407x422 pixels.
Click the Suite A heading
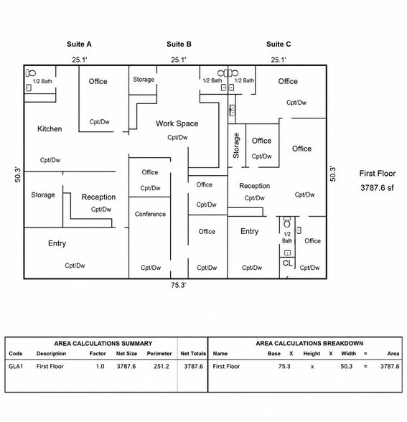point(79,44)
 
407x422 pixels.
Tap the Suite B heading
point(179,44)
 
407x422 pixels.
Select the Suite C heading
point(279,44)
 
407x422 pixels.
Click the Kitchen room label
point(50,129)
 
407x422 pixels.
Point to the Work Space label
point(177,123)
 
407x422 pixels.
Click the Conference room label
point(150,214)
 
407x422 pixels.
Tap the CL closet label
point(287,263)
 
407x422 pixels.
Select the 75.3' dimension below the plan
point(179,285)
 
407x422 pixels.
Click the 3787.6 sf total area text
point(377,187)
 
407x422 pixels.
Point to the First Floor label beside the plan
point(378,174)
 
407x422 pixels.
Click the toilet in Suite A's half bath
point(31,73)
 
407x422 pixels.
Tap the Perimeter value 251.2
point(162,366)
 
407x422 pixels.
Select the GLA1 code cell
point(16,366)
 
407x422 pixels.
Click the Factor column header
point(98,354)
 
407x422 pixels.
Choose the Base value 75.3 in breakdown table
point(284,366)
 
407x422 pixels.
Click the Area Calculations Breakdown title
point(309,343)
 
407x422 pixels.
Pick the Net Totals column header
point(193,354)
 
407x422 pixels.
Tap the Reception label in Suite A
point(98,197)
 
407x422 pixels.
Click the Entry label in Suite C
point(250,231)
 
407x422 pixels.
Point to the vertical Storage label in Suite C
point(236,146)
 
